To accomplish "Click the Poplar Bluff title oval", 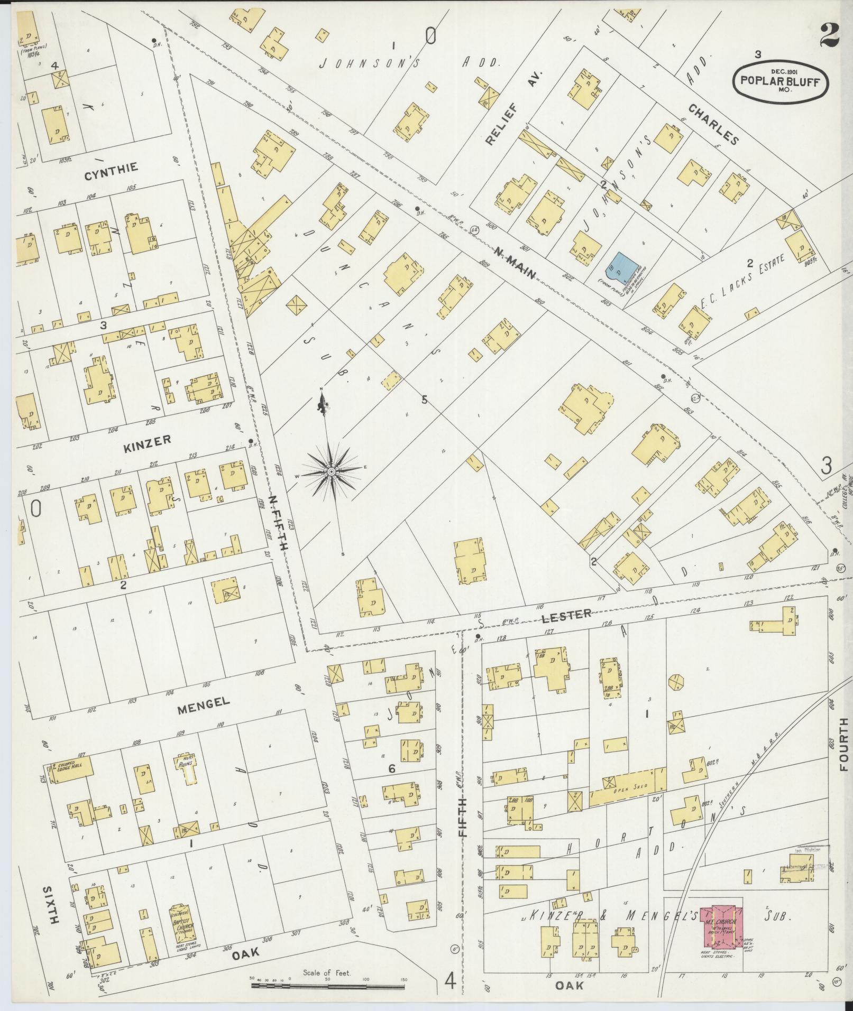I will [x=780, y=81].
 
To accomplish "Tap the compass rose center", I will [x=331, y=471].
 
